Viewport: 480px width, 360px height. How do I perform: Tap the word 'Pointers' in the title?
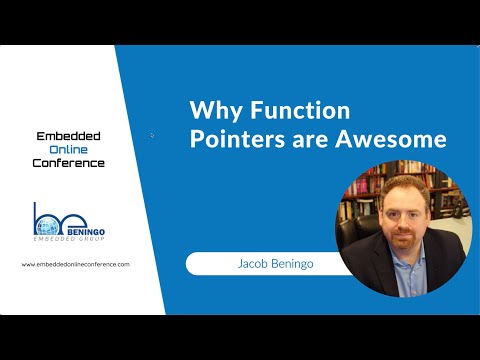point(233,139)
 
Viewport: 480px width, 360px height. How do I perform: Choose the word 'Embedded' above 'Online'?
point(68,135)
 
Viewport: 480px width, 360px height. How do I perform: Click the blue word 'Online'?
point(68,148)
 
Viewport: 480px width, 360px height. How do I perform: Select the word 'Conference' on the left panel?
point(68,162)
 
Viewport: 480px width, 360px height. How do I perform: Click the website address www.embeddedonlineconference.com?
point(75,264)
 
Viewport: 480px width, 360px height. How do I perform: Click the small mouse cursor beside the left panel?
point(152,135)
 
